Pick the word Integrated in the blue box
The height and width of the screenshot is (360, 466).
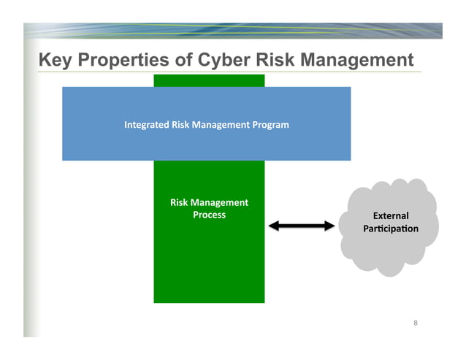tap(147, 125)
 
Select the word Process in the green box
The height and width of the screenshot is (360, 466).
tap(209, 215)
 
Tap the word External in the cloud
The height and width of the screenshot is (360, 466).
tap(391, 216)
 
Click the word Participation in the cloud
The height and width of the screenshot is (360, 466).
tap(391, 230)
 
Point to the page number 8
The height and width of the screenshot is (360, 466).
tap(416, 323)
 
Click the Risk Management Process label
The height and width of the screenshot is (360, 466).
tap(209, 209)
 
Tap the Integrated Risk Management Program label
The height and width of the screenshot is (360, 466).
tap(207, 125)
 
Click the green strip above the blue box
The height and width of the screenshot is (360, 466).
tap(209, 80)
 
